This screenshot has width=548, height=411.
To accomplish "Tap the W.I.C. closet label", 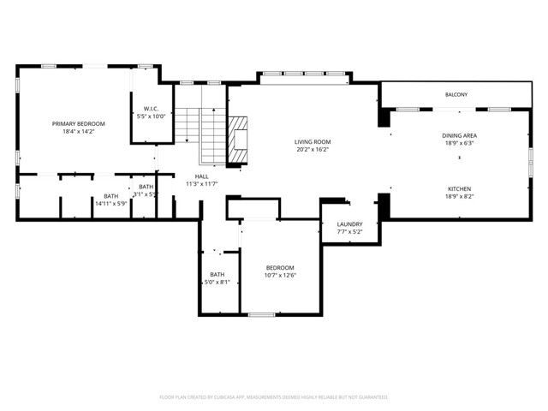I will point(151,109).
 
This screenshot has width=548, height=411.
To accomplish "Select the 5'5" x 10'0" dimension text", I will point(151,116).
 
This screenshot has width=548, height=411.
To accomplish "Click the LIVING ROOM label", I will point(313,141).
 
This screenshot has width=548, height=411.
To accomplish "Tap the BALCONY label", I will point(456,94).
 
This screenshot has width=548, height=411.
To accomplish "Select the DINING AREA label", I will point(459,135).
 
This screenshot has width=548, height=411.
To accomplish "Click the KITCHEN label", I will point(459,188).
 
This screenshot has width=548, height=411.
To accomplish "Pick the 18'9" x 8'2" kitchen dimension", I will point(459,196).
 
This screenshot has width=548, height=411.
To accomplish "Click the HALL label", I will point(201,176).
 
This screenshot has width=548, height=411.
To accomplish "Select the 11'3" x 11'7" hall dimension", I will point(201,184).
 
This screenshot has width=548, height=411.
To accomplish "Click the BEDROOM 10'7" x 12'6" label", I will point(279,268).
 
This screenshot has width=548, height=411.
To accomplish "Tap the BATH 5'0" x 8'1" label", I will point(217,275).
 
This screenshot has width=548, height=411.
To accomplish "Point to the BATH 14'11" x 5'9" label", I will point(111,196).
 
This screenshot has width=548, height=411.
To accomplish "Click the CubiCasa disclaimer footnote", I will point(274,397).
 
